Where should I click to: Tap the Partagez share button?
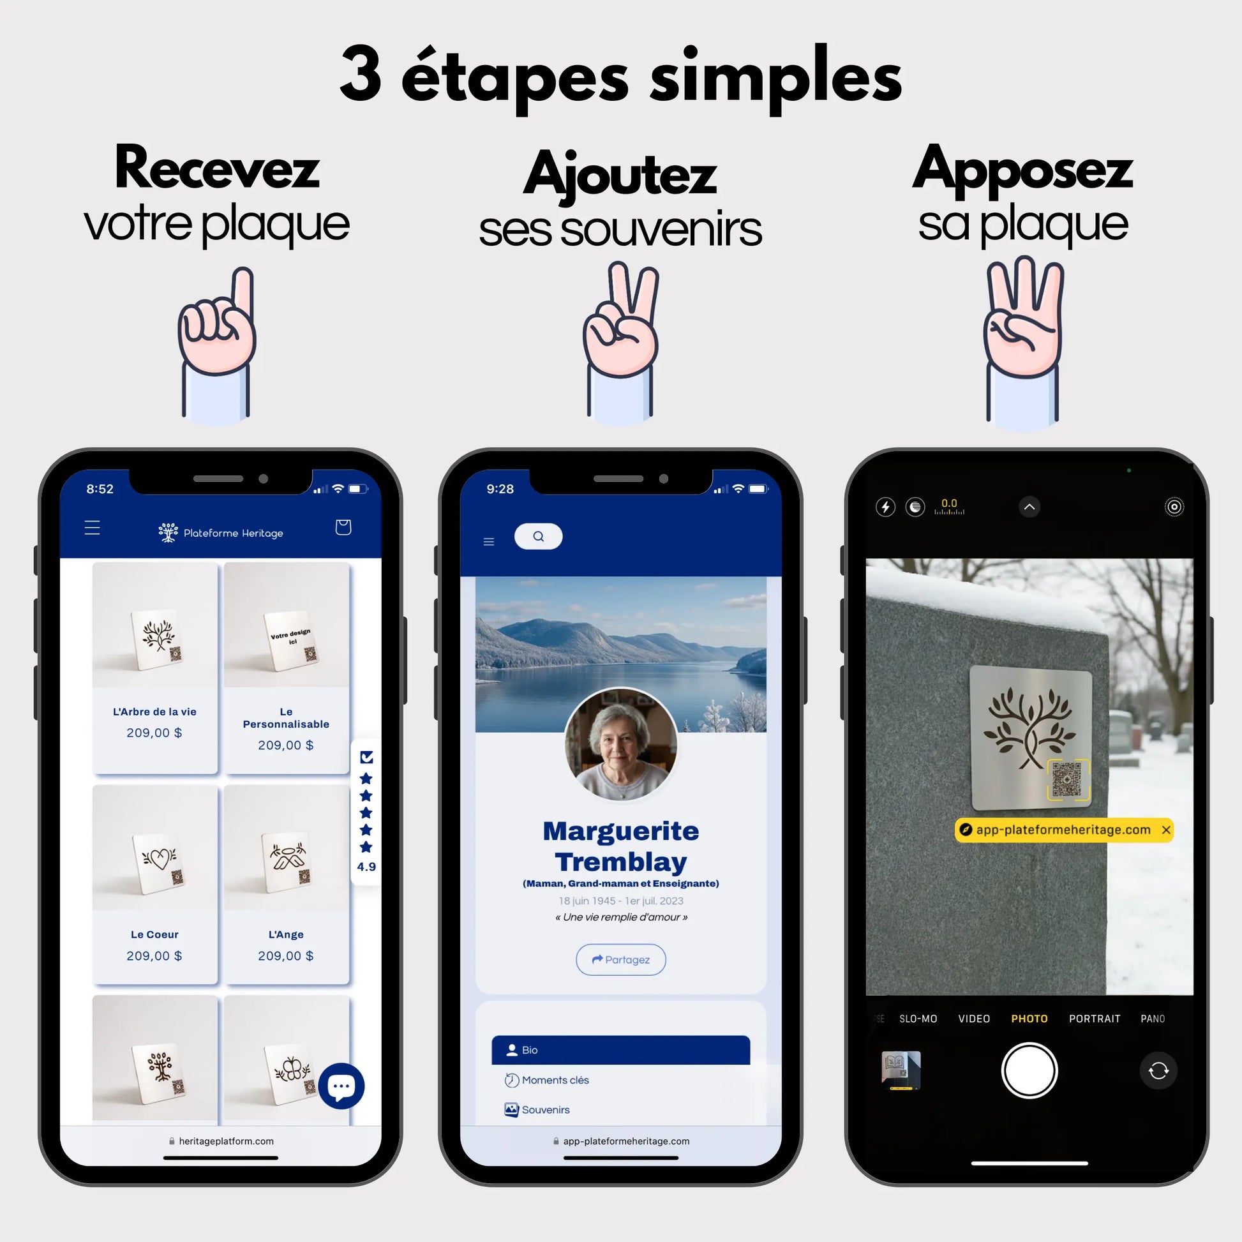[x=620, y=959]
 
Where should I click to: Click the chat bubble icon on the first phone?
[x=341, y=1086]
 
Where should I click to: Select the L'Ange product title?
[x=286, y=934]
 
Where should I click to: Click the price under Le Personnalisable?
[x=286, y=745]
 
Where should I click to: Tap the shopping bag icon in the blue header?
[x=343, y=527]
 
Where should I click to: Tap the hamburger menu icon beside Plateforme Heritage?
[x=93, y=528]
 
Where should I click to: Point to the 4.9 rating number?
[x=366, y=867]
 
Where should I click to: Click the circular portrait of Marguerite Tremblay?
[x=620, y=744]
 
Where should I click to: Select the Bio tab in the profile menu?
[x=620, y=1050]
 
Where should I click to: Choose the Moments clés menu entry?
[x=554, y=1080]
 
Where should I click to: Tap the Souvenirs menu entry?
[x=544, y=1110]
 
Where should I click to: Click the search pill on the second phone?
[x=538, y=536]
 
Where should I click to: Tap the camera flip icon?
[x=1158, y=1071]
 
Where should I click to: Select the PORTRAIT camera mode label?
[x=1094, y=1019]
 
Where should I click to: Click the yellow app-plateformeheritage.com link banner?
[x=1063, y=830]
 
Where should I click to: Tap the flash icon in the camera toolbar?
[x=885, y=507]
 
